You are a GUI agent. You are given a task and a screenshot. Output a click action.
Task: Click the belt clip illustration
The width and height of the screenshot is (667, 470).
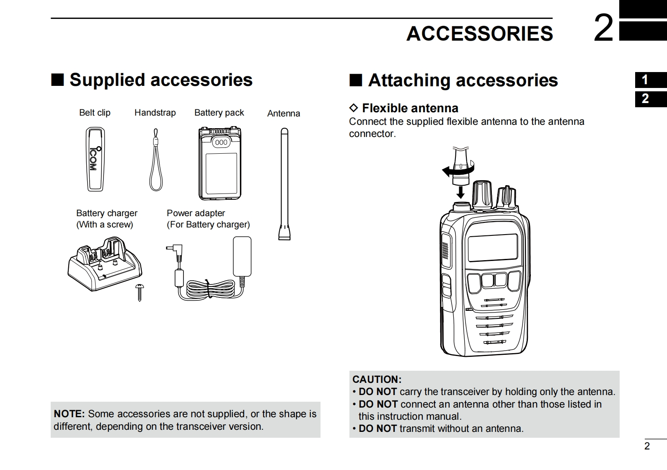95,160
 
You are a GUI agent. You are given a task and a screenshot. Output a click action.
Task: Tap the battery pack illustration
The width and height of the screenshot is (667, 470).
220,164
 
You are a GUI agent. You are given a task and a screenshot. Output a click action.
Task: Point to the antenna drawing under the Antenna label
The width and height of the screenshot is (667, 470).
284,184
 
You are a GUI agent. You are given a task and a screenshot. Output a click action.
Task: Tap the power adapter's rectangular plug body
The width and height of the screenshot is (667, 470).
242,256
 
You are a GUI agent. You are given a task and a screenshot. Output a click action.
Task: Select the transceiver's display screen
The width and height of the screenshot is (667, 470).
492,248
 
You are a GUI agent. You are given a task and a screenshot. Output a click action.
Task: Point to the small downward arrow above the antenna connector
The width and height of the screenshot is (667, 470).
460,192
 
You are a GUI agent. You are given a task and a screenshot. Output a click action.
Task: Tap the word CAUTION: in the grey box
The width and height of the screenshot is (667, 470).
377,380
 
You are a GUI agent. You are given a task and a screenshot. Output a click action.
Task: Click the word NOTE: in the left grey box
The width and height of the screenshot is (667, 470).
69,414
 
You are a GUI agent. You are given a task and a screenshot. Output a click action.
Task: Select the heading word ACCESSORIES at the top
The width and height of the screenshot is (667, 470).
479,34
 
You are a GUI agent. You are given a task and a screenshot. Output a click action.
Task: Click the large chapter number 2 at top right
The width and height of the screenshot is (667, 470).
603,28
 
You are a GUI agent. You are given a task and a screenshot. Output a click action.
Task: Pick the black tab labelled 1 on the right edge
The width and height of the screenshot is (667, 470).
650,80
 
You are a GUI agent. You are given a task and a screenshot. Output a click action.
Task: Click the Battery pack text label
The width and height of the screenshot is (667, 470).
219,113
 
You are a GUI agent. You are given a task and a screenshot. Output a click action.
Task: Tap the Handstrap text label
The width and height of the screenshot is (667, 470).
155,113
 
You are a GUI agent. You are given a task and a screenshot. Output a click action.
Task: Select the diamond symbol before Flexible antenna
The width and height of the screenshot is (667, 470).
354,108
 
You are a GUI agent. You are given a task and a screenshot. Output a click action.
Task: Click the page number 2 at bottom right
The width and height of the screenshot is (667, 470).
647,446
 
